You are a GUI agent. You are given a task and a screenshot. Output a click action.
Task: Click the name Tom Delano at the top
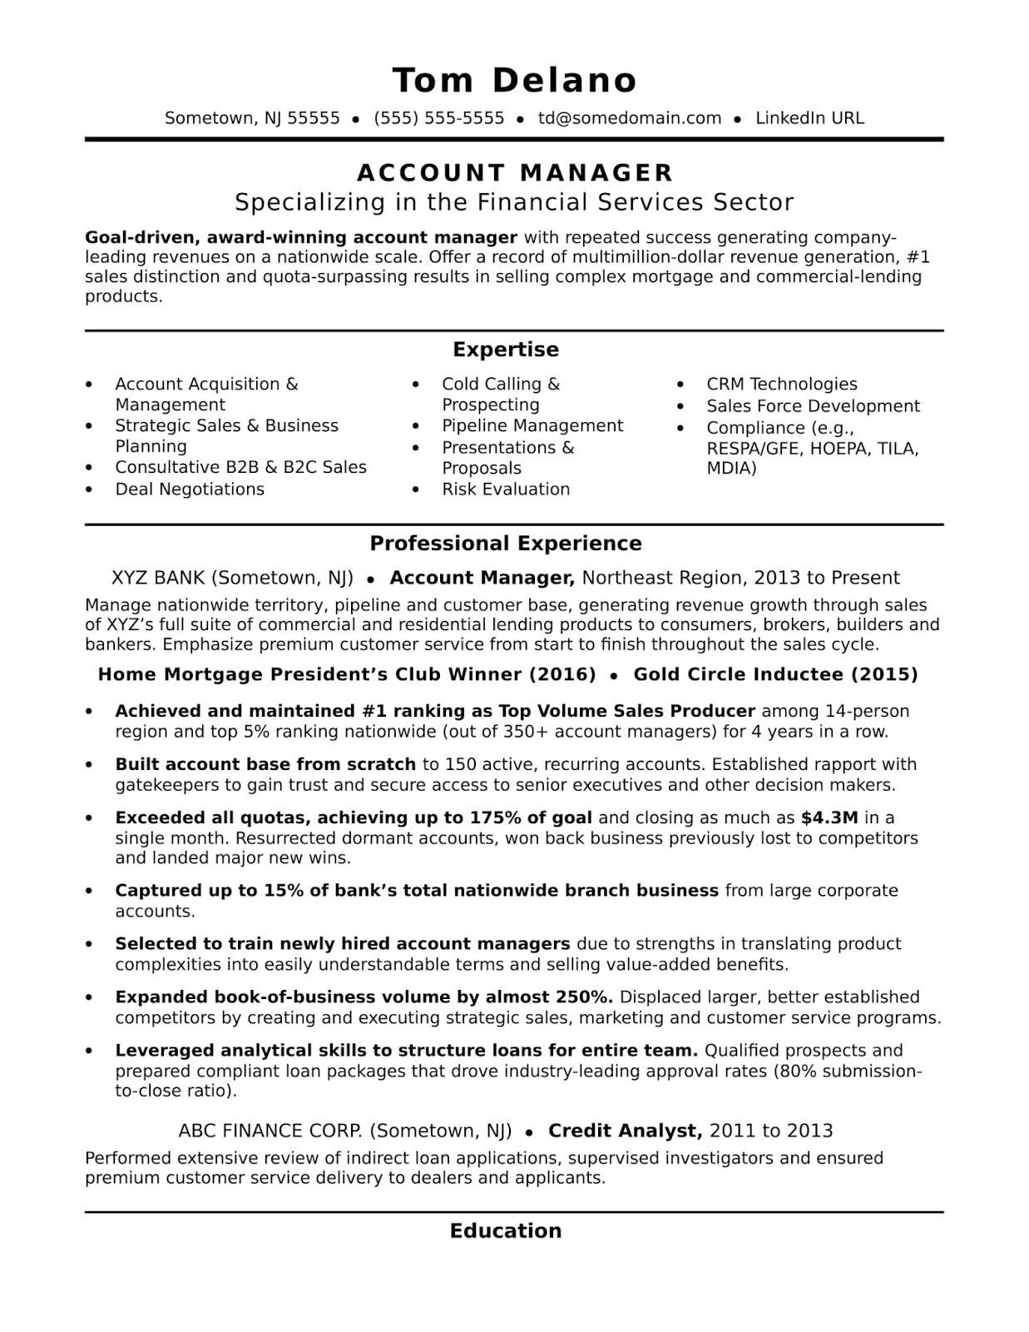click(x=514, y=80)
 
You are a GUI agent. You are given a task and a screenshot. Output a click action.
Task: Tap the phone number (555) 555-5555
click(x=439, y=118)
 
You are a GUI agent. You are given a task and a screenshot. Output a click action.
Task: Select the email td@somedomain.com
click(x=630, y=118)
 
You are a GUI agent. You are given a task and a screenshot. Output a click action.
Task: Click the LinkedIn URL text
click(x=809, y=118)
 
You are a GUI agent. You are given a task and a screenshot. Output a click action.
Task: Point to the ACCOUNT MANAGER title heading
click(x=514, y=172)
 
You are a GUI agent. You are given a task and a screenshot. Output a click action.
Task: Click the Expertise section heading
click(x=506, y=350)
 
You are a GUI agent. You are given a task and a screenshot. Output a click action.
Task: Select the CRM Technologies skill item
click(x=781, y=385)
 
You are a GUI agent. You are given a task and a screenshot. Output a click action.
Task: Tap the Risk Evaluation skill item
click(x=506, y=490)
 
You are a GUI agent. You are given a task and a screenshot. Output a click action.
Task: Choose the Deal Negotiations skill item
click(x=190, y=490)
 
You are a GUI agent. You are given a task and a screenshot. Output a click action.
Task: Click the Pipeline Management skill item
click(x=532, y=426)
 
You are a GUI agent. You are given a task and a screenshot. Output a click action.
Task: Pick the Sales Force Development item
click(x=813, y=406)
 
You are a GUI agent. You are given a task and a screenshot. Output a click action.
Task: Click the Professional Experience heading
click(x=506, y=544)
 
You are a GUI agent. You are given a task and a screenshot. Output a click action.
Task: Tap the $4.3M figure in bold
click(x=829, y=818)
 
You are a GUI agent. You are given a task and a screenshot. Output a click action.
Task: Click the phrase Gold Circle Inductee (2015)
click(x=775, y=674)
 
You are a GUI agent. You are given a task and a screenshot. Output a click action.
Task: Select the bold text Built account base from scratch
click(x=265, y=764)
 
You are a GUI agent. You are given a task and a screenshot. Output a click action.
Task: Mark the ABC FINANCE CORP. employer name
click(x=270, y=1131)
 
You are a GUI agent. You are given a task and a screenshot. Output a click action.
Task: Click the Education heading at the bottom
click(x=506, y=1231)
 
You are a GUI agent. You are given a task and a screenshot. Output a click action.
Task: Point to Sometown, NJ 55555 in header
click(x=252, y=118)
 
